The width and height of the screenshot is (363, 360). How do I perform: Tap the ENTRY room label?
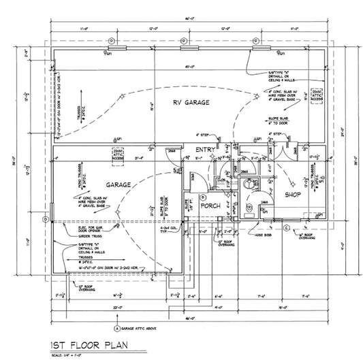[x=204, y=149]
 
